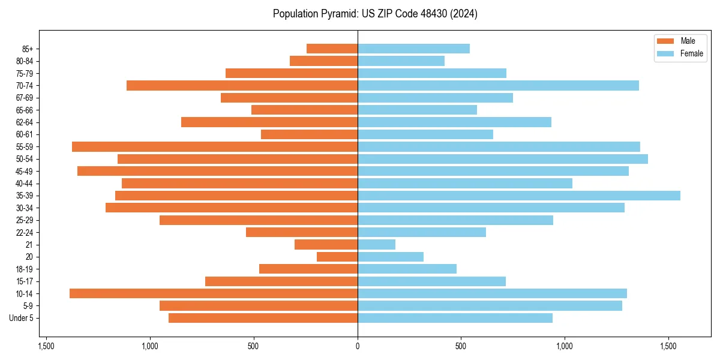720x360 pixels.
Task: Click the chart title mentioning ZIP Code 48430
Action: coord(375,14)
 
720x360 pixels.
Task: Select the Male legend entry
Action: coord(688,41)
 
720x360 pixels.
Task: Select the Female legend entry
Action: coord(691,53)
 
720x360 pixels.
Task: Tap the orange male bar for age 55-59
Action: coord(215,146)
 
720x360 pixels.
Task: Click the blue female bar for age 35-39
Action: coord(519,196)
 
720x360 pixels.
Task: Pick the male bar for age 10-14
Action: coord(214,293)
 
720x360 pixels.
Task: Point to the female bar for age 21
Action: coord(377,244)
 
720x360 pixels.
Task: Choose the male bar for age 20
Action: coord(337,257)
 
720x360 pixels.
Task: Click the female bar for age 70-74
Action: coord(498,85)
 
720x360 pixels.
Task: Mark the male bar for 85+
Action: coord(332,49)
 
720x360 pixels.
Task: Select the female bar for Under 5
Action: coord(455,318)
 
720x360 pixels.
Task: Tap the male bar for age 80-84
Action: coord(323,61)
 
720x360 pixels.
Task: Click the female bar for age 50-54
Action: coord(503,159)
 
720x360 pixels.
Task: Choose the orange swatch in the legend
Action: coord(665,41)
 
